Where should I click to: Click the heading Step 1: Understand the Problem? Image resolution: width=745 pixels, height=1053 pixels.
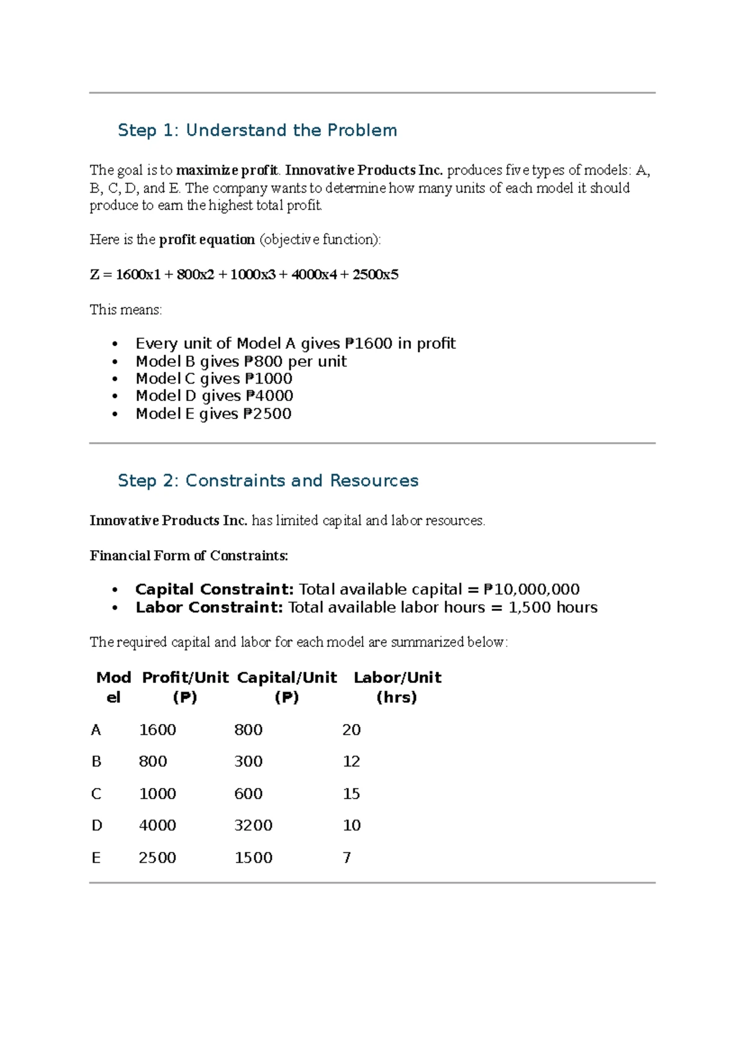tap(257, 130)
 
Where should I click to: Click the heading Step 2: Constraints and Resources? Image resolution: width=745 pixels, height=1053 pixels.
tap(268, 481)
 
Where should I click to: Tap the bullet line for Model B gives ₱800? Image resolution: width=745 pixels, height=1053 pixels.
tap(241, 361)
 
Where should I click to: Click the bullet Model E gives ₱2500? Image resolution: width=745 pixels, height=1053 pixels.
tap(214, 414)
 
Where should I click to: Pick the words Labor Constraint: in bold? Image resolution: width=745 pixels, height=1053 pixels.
tap(209, 607)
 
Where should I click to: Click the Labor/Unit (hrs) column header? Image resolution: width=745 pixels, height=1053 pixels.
tap(397, 687)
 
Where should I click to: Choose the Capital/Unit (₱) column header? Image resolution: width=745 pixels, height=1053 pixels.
tap(287, 687)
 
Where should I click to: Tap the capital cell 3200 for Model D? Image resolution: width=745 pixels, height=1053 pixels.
tap(253, 825)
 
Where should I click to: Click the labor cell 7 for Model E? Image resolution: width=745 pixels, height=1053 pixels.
tap(347, 857)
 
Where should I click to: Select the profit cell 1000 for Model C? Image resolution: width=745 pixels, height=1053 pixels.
tap(158, 793)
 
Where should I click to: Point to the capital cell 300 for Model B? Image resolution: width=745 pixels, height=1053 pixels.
tap(248, 761)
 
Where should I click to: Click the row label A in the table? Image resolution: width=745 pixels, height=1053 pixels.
tap(96, 730)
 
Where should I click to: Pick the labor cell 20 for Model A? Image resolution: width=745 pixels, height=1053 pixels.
tap(351, 730)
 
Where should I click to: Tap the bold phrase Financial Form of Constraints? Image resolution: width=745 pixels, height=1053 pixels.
tap(189, 556)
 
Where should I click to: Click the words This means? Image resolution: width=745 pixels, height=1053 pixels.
tap(125, 310)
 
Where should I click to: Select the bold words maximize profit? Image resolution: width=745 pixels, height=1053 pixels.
tap(227, 170)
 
